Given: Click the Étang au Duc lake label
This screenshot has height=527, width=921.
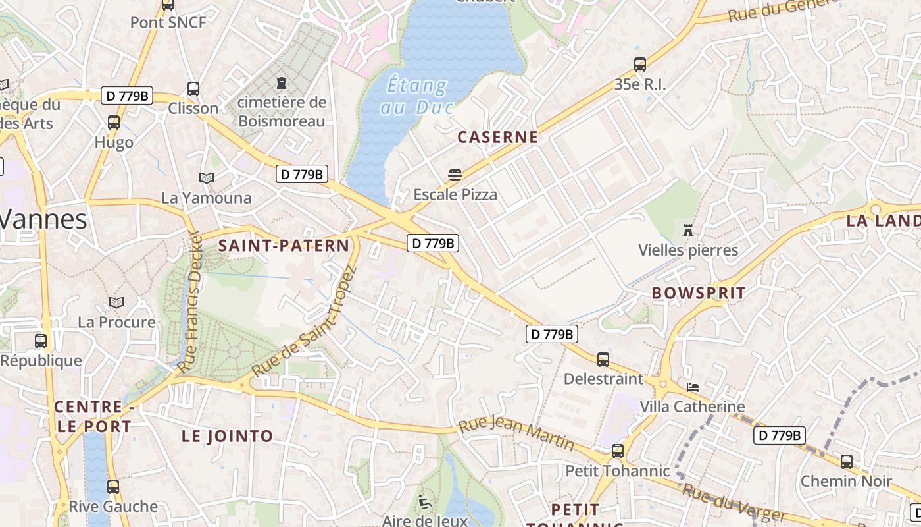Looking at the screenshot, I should pos(416,96).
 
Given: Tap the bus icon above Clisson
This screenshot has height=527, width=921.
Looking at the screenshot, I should pos(193,88).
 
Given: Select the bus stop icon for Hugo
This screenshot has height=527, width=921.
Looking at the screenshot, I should pos(114,122).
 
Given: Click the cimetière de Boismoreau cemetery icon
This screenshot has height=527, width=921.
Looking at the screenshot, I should pos(282,82).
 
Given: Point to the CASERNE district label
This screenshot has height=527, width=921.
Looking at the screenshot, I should pos(497,137).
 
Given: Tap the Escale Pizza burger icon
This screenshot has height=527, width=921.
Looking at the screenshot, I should pos(455,175).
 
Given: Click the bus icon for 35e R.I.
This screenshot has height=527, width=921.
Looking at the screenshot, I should pos(640,65).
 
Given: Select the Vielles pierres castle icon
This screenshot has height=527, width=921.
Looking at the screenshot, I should pos(688,230).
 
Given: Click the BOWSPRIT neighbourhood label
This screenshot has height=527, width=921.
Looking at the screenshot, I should pos(699,293).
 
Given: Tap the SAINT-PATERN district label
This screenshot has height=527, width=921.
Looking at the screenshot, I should pos(284,246).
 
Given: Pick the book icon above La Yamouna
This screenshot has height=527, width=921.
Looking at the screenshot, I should pos(207,178).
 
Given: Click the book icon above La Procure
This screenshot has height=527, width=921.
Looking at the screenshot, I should pos(116,302).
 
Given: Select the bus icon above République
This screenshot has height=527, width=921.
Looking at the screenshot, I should pos(41,341).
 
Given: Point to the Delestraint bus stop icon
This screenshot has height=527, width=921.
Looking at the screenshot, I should pos(603,359).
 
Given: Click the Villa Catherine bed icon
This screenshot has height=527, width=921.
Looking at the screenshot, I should pos(693,387).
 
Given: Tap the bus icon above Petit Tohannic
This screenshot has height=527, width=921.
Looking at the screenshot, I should pos(618,451).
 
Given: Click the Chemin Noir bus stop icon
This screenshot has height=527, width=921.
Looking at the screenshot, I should pos(847,461).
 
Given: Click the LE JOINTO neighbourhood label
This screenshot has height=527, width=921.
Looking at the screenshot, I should pos(227,436).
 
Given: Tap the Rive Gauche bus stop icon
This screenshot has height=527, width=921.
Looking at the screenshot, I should pos(113,486).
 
